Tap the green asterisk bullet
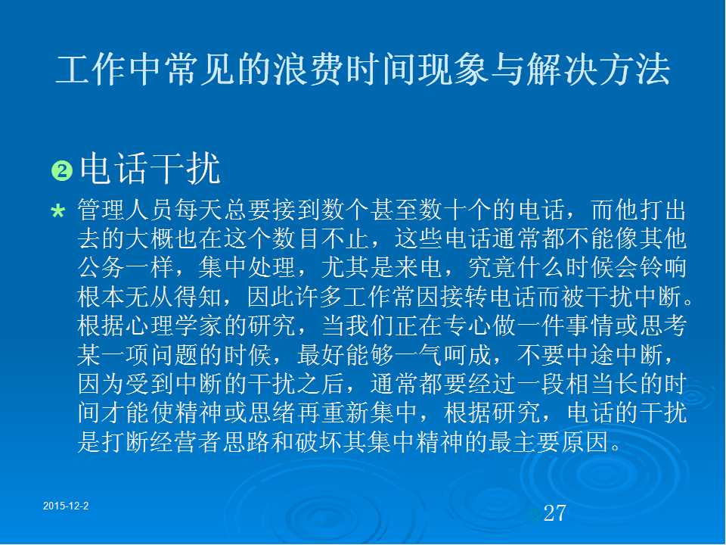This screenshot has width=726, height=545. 58,212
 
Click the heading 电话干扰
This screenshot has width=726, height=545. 150,169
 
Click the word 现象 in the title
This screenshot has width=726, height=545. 452,70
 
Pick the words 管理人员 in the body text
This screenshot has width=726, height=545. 126,210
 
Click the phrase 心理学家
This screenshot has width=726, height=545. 174,325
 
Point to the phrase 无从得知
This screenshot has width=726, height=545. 174,297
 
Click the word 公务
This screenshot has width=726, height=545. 102,267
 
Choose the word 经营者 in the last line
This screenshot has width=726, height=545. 186,441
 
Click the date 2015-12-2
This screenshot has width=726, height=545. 66,506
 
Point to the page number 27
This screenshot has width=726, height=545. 554,512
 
